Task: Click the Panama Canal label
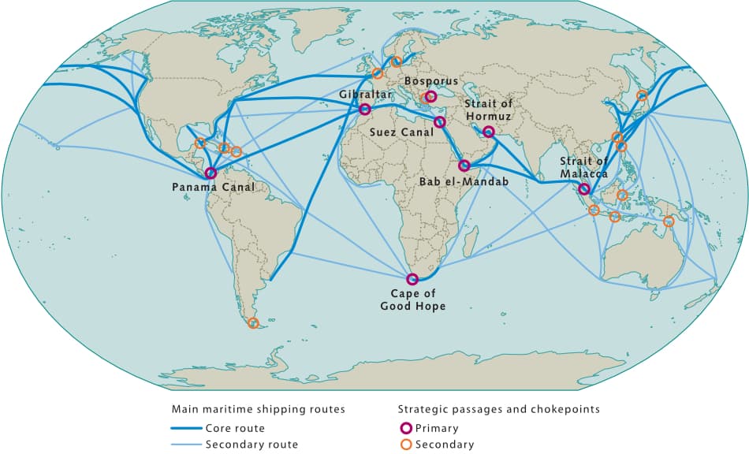(x=213, y=188)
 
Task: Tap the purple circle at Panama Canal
(x=211, y=173)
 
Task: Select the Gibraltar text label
(x=365, y=95)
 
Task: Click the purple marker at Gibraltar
(x=365, y=110)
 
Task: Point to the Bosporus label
(x=430, y=81)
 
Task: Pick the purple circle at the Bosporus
(x=430, y=97)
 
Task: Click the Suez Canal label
(x=402, y=132)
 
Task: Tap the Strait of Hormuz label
(x=489, y=111)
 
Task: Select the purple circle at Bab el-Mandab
(x=464, y=166)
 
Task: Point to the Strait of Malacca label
(x=583, y=168)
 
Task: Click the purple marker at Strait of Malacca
(x=583, y=188)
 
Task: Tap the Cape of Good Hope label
(x=412, y=300)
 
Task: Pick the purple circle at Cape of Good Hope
(x=412, y=278)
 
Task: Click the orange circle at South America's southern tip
(x=252, y=323)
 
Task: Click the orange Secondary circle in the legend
(x=405, y=445)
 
